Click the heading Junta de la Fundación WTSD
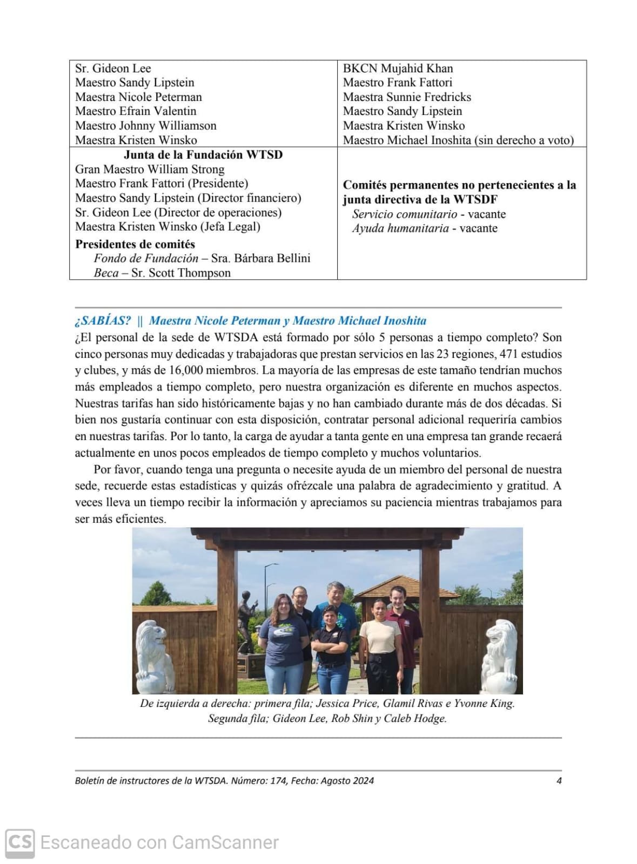click(203, 155)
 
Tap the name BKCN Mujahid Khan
click(398, 69)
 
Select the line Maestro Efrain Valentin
click(136, 111)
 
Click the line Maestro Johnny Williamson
click(145, 126)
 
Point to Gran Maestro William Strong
click(150, 170)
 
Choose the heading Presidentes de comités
click(135, 244)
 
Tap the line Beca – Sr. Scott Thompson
click(162, 273)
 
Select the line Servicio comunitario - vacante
click(429, 214)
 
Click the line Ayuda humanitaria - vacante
click(425, 228)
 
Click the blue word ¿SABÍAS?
click(103, 321)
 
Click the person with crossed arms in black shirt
click(331, 648)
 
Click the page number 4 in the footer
click(559, 781)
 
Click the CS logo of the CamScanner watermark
click(20, 843)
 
